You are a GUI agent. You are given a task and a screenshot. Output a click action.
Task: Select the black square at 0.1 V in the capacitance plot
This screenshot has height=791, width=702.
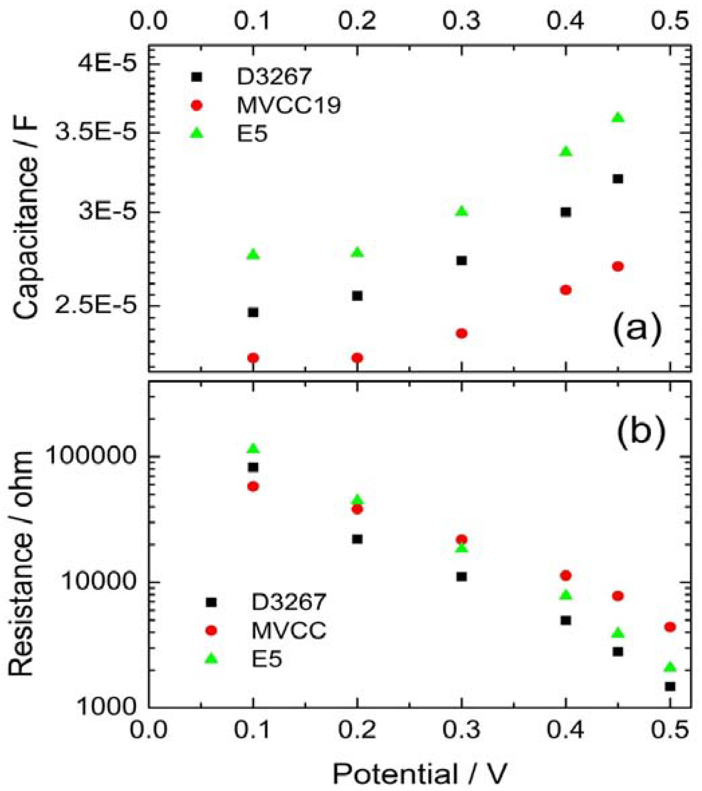[253, 312]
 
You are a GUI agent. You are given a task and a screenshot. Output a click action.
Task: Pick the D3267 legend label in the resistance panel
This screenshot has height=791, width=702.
[288, 602]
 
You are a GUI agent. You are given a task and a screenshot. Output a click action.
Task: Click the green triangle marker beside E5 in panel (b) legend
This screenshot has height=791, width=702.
[211, 658]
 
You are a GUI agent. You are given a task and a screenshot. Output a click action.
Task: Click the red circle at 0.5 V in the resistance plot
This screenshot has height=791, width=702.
[670, 627]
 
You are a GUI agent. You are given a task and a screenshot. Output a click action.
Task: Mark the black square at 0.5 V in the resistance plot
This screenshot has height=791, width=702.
[670, 686]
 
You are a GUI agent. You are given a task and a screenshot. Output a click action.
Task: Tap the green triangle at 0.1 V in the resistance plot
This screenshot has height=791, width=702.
[253, 448]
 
